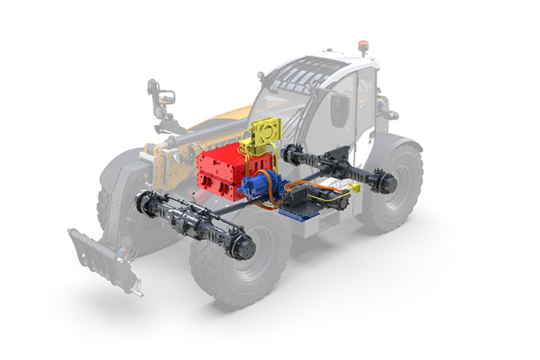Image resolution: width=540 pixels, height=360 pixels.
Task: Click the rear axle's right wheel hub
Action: [x=387, y=183]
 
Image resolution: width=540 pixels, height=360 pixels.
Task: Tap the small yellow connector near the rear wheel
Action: [x=354, y=186]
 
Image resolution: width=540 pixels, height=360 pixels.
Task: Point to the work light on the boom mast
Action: [x=164, y=97]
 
